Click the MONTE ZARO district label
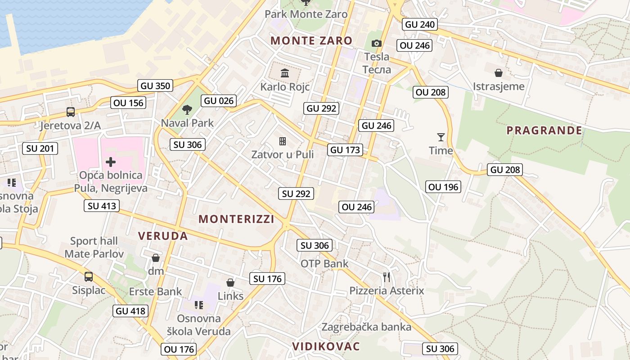coord(311,40)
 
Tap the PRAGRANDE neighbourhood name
coord(544,130)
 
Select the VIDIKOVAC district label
coord(326,346)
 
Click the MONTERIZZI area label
coord(236,219)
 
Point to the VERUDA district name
coord(163,236)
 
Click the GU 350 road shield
coord(156,85)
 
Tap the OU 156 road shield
coord(129,103)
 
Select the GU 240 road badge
coord(420,24)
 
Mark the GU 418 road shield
coord(130,310)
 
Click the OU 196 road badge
coord(444,187)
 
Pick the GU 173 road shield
coord(345,150)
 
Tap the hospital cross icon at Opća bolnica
coord(111,162)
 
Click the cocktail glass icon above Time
coord(441,137)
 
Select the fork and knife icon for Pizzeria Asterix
coord(386,276)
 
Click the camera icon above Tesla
coord(377,43)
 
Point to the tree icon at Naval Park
coord(187,109)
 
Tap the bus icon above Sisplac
coord(89,276)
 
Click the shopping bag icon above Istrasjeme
coord(499,72)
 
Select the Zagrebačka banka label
coord(366,327)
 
